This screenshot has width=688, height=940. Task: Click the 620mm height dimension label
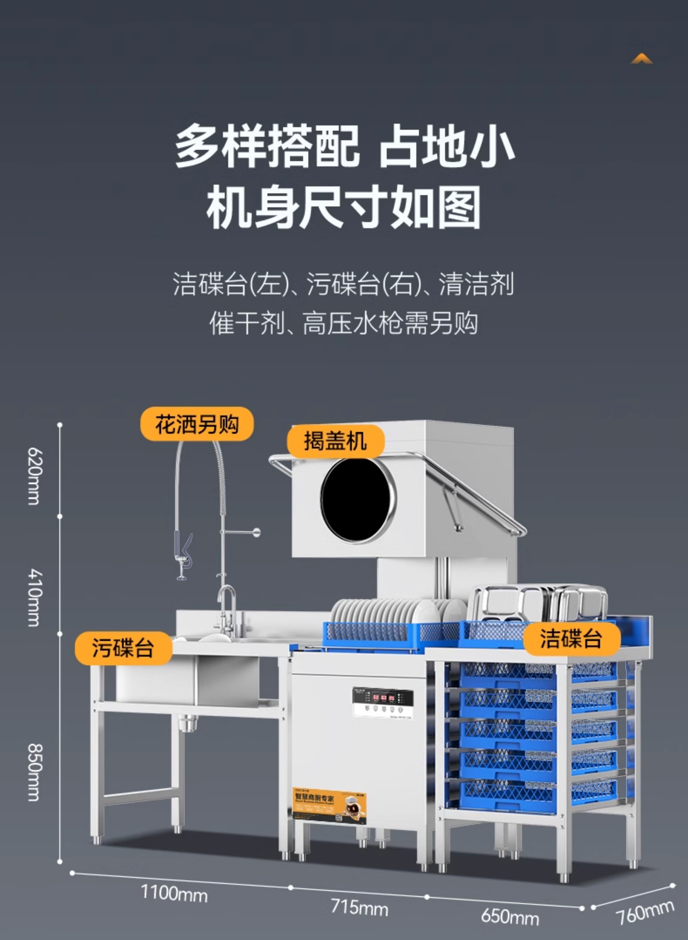coord(33,476)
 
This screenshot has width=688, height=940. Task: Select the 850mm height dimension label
coord(33,773)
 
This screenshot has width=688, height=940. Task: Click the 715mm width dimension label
coord(359,907)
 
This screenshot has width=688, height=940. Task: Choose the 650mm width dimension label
coord(510,916)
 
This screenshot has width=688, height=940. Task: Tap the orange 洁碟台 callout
coord(571,638)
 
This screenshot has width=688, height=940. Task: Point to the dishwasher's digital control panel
coord(383,702)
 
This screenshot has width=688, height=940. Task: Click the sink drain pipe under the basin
coord(188,722)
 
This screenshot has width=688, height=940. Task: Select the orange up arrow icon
coord(641,59)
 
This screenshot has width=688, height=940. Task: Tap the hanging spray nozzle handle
coord(184,550)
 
